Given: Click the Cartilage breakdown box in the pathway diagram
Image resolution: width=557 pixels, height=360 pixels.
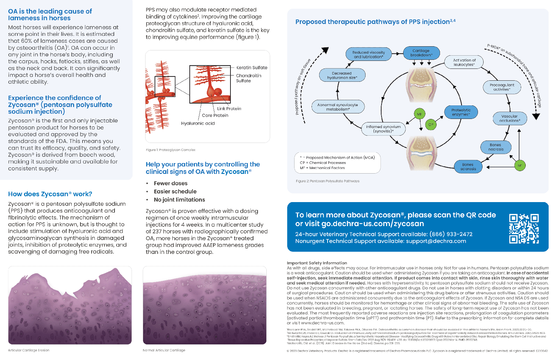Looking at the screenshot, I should tap(421, 53).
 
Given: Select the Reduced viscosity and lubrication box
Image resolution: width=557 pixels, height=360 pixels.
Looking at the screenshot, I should tap(368, 55).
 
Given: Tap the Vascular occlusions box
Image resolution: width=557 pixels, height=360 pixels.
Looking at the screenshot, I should tap(510, 119).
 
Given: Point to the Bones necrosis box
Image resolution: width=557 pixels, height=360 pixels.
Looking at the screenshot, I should tap(496, 147).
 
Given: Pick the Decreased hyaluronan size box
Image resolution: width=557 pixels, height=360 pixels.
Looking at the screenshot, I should tap(342, 75).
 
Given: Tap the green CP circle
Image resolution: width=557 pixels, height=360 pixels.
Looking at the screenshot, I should tap(431, 125).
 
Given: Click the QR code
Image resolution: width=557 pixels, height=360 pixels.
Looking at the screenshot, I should tap(524, 228).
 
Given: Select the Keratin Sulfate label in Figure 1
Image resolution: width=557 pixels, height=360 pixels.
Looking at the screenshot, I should tap(252, 68).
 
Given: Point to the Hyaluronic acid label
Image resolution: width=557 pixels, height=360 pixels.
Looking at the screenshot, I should tap(198, 123).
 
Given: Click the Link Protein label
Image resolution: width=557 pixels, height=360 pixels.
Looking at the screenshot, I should tap(229, 109).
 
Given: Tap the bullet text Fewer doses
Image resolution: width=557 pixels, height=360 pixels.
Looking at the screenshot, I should tap(171, 183).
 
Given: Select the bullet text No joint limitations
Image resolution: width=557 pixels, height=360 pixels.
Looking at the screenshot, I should tap(179, 200).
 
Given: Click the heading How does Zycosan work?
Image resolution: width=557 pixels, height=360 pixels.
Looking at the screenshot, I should tap(50, 194).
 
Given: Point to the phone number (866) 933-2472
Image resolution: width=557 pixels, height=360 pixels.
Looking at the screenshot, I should tap(451, 234).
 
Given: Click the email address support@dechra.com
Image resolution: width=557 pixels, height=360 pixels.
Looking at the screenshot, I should tap(436, 241).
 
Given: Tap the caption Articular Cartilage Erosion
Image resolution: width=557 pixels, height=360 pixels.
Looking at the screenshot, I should tap(29, 350).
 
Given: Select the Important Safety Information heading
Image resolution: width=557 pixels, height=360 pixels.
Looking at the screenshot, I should tap(317, 263).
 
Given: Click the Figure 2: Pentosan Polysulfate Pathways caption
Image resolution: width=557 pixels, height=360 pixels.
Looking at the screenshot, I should tap(328, 181).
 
